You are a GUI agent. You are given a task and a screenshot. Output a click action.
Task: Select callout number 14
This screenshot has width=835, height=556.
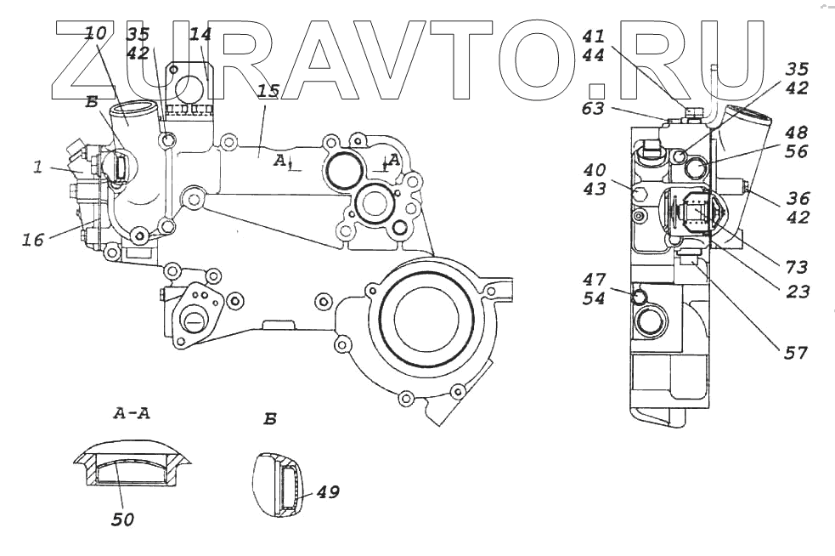coord(200,36)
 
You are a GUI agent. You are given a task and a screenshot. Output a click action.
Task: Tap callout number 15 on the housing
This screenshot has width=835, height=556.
coord(268,92)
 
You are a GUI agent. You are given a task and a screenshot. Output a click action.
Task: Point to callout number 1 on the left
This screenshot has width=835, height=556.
coord(38,168)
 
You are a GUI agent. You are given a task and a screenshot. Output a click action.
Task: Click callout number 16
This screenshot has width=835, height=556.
coord(32,241)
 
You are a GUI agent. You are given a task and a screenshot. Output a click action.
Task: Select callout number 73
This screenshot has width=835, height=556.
coord(797,267)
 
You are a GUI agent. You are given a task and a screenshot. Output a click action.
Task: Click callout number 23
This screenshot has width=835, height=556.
coord(797,292)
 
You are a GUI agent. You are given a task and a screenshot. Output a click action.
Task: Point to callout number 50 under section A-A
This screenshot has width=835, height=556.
coord(123,518)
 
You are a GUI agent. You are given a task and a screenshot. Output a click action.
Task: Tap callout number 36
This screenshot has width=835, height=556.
coord(797,198)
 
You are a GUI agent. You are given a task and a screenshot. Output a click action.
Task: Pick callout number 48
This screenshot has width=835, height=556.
coord(797,133)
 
